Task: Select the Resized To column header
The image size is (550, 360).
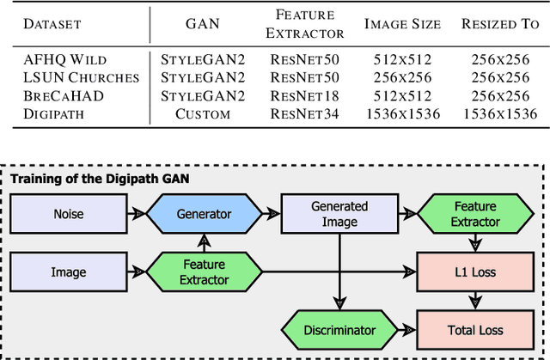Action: click(x=499, y=24)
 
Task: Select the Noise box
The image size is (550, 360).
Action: click(x=69, y=214)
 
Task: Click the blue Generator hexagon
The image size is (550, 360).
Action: click(x=204, y=214)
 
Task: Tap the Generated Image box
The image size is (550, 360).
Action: click(x=339, y=214)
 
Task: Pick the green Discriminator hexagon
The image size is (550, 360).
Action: click(x=339, y=330)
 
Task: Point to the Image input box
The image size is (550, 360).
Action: click(x=69, y=272)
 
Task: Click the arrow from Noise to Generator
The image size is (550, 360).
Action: click(x=137, y=214)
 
